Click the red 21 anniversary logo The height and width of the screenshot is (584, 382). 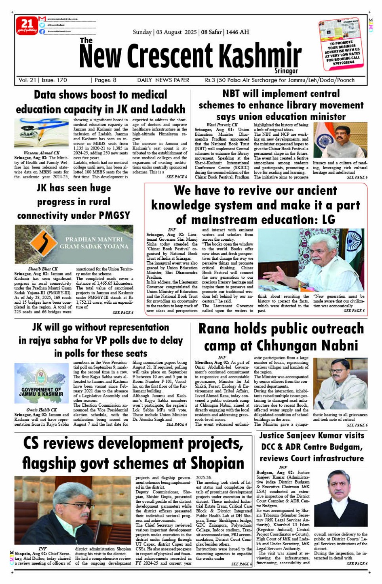click(x=27, y=25)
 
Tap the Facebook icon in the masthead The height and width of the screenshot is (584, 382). click(x=42, y=31)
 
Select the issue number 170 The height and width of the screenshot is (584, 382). click(x=61, y=80)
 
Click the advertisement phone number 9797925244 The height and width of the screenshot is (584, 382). click(x=344, y=63)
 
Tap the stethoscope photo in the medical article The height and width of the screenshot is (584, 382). click(x=42, y=133)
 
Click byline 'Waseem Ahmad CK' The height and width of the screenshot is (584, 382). click(x=42, y=153)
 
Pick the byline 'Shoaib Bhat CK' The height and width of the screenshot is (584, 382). click(x=43, y=269)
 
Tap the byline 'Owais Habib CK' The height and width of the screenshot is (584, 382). click(x=42, y=410)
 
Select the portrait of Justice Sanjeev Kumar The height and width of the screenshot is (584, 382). click(x=340, y=498)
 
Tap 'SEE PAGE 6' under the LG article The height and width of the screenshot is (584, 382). click(x=354, y=311)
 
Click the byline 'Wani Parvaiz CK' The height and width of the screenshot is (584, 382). click(x=222, y=125)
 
